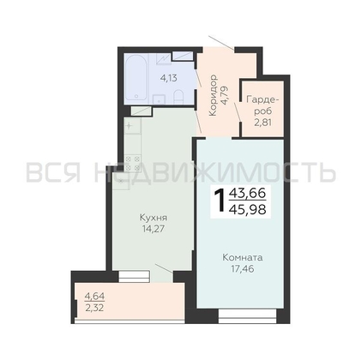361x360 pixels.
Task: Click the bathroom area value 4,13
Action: point(169,78)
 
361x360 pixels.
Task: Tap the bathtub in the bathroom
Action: point(136,78)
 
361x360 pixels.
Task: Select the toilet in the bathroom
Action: point(178,96)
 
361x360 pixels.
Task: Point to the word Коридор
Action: point(214,95)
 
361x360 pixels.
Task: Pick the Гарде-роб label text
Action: point(262,105)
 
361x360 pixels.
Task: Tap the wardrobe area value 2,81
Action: point(262,123)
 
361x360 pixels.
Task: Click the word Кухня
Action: point(153,218)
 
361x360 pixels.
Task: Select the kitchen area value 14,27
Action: point(153,229)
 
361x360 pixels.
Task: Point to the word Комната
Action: point(243,258)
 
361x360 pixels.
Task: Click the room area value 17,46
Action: point(243,268)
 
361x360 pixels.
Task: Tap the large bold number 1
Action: point(220,201)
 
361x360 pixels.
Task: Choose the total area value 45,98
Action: point(248,210)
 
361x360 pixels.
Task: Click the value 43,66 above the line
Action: point(248,194)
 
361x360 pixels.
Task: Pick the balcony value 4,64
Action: point(94,297)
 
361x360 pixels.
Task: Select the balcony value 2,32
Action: point(94,308)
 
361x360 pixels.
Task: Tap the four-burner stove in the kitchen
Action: point(133,163)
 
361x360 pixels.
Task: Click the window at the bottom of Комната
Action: point(247,316)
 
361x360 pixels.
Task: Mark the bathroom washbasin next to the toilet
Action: point(159,99)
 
